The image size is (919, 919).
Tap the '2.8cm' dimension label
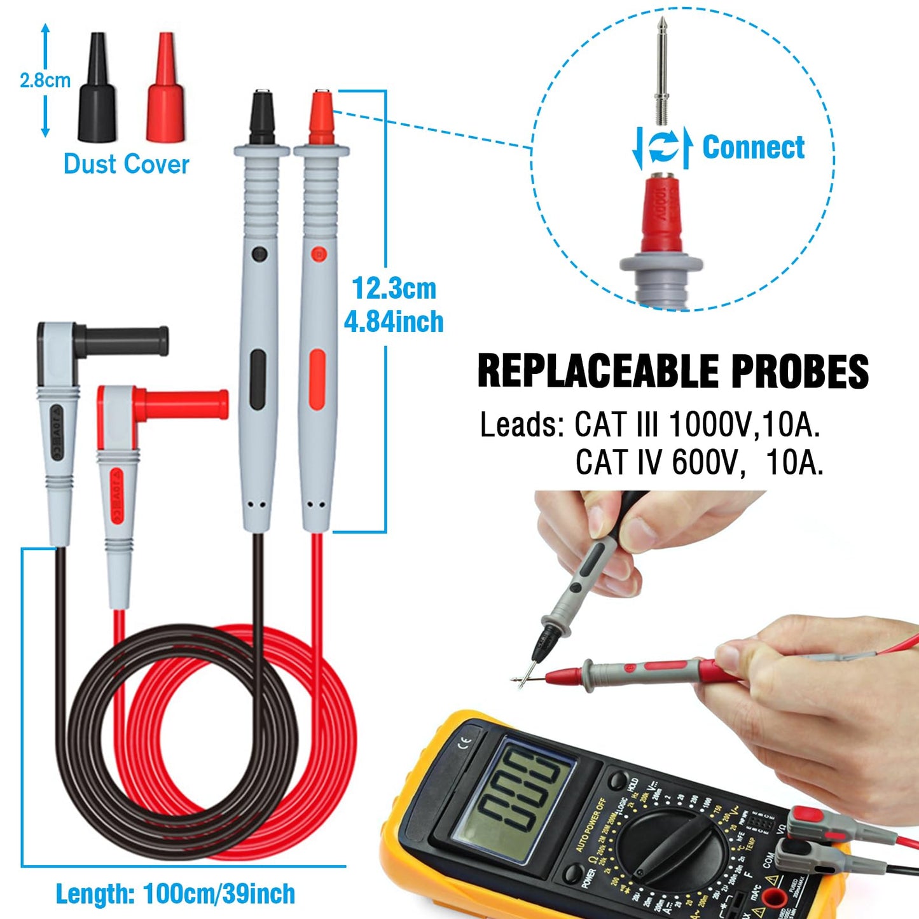[45, 81]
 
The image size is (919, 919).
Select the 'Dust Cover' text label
[127, 164]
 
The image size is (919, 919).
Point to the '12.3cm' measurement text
[394, 289]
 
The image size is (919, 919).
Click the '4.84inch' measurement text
[394, 322]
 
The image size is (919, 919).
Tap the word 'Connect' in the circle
[753, 148]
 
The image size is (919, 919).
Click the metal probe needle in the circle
[663, 70]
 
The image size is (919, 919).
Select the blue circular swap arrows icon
[663, 148]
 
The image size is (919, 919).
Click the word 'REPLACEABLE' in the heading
[598, 371]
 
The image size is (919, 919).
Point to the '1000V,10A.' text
[745, 425]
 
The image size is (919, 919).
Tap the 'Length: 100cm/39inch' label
[176, 894]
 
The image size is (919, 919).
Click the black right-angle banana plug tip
[127, 340]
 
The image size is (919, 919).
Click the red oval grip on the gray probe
[317, 379]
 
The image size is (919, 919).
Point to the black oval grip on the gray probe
[258, 379]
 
